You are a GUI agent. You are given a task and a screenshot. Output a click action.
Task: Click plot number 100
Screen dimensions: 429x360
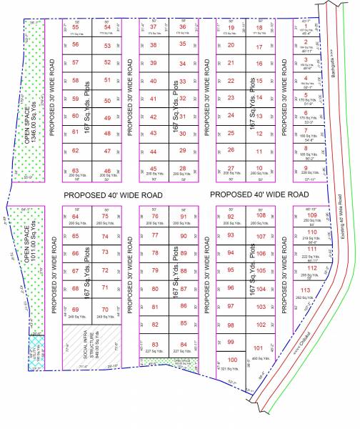pyautogui.click(x=231, y=360)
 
